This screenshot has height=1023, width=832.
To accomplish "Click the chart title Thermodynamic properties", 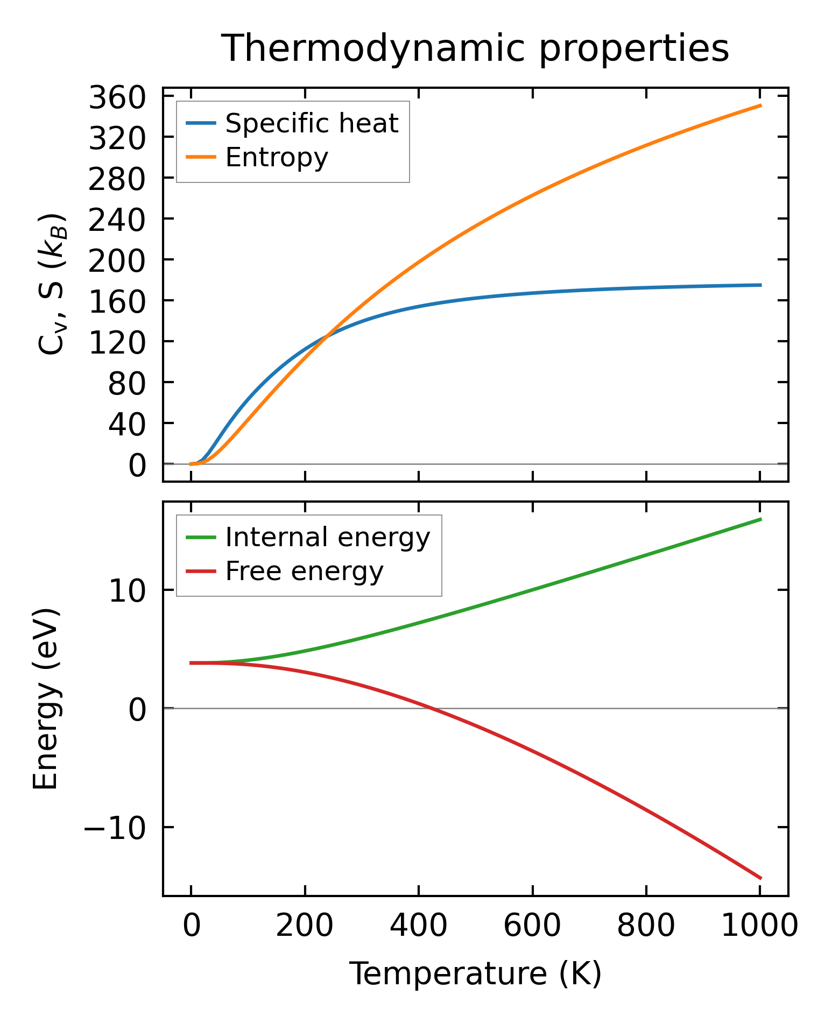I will (x=475, y=49).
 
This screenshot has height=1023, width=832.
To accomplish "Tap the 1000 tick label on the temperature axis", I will (x=759, y=927).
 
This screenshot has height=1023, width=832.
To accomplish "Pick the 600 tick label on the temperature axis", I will (x=532, y=927).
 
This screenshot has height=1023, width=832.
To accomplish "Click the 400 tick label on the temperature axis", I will (x=418, y=927).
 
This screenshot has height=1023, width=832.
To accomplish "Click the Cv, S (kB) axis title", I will (x=52, y=284).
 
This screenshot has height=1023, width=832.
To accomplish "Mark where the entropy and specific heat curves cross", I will (x=327, y=337).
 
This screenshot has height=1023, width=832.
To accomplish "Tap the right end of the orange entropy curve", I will (x=760, y=105).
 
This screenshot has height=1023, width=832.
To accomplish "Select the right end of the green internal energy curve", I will (x=760, y=519).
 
